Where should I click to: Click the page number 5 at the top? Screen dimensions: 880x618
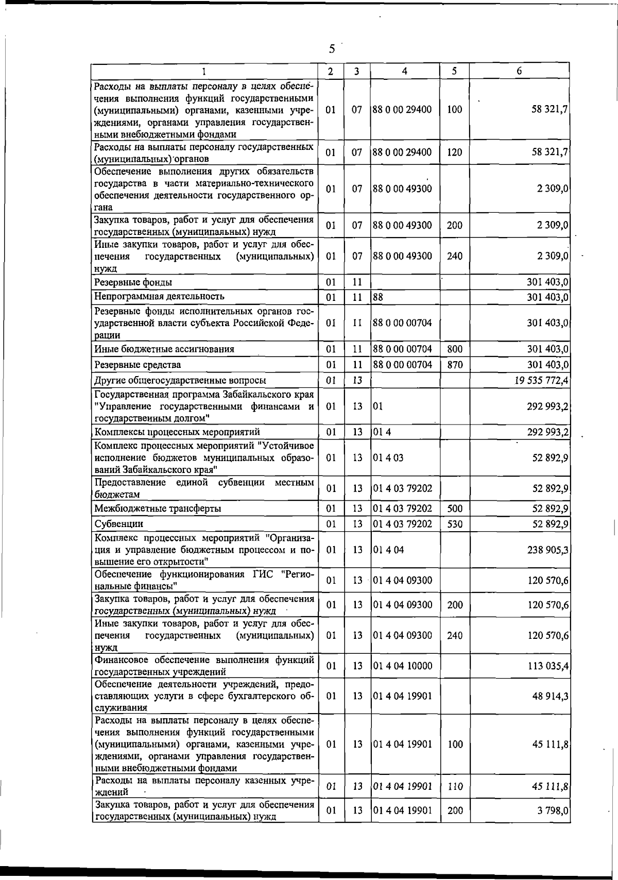tap(332, 49)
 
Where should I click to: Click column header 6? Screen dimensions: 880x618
tap(519, 71)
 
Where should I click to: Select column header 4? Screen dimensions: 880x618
tap(405, 71)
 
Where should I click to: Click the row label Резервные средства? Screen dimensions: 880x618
tap(138, 365)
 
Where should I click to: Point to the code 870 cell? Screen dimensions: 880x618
tap(455, 365)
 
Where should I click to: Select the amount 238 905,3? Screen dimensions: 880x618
tap(548, 549)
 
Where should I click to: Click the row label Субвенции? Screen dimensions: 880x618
tap(119, 523)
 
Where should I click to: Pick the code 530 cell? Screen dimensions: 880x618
tap(455, 524)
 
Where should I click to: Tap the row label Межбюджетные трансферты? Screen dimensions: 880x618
tap(158, 509)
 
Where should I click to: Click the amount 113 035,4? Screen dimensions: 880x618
tap(548, 666)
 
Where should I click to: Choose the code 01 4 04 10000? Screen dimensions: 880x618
tap(403, 666)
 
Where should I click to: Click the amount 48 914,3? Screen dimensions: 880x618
tap(551, 696)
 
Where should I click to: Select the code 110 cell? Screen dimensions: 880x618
tap(455, 786)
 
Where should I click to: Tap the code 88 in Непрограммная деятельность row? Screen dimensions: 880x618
tap(378, 297)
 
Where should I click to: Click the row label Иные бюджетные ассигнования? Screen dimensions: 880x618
tap(164, 349)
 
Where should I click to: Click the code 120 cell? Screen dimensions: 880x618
tap(455, 152)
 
